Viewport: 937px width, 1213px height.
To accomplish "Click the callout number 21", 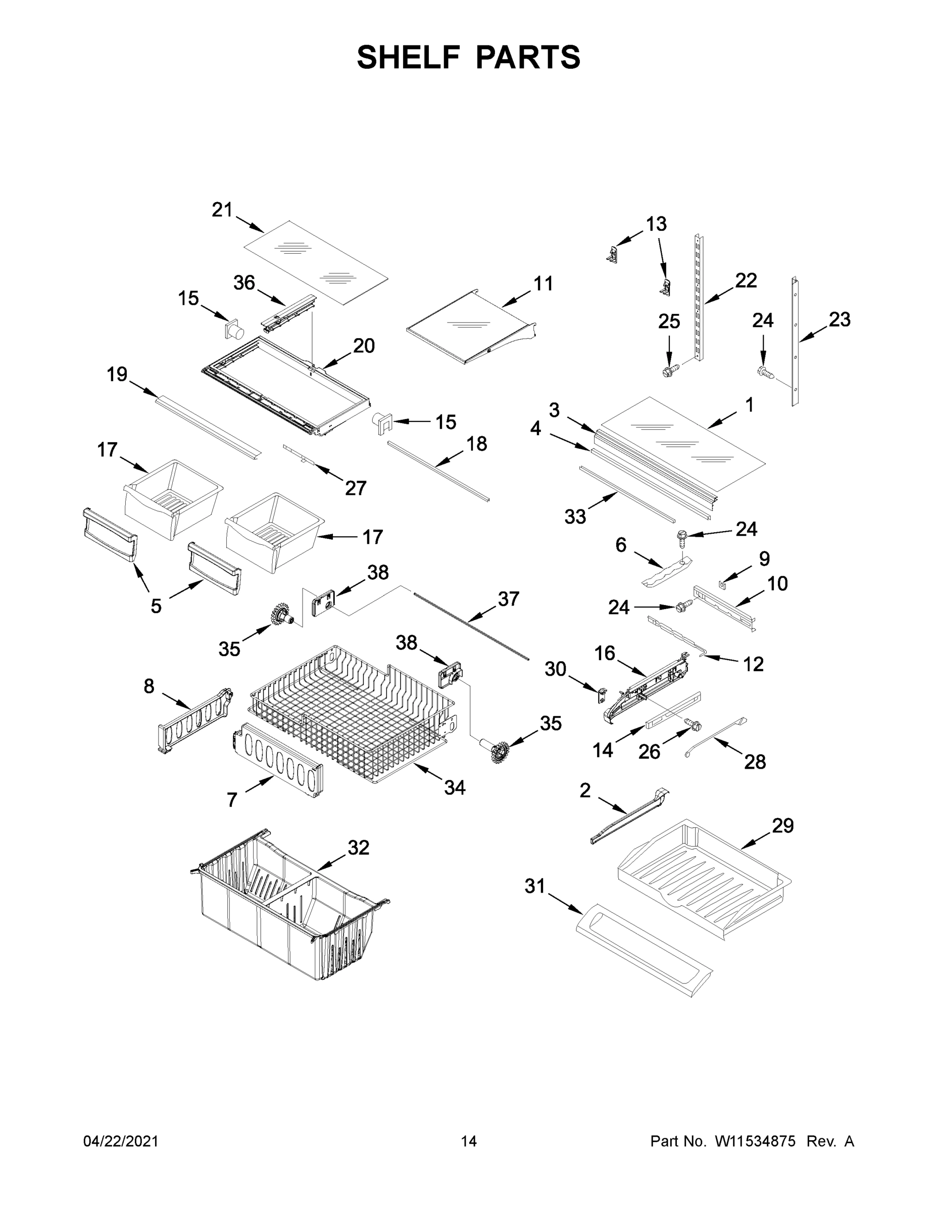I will click(222, 210).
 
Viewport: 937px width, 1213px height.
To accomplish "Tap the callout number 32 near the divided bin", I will click(358, 848).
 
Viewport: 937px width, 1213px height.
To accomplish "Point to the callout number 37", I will click(508, 599).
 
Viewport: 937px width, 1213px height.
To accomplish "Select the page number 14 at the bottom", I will click(469, 1141).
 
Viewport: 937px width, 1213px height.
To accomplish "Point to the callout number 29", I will click(782, 826).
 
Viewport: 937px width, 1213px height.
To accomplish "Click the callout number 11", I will click(543, 284).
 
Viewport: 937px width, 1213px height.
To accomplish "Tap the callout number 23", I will click(840, 319).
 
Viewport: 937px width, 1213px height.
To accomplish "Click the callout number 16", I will click(605, 653).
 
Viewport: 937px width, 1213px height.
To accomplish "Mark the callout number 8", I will click(149, 686).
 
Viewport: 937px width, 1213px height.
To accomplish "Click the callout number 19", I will click(117, 375).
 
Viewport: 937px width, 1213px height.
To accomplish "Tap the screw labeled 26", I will click(694, 724).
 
